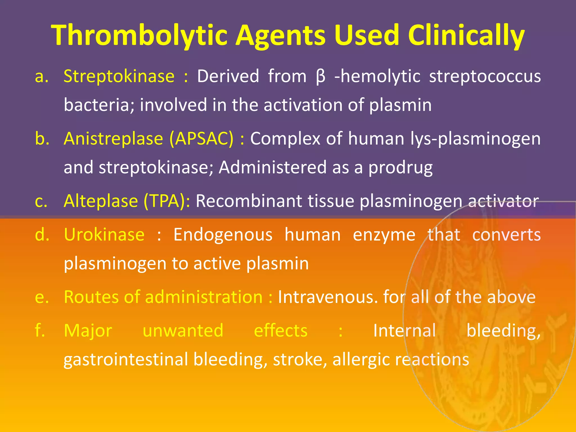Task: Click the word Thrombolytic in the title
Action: pos(139,35)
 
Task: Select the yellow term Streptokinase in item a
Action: pos(119,76)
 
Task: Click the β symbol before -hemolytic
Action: pos(320,77)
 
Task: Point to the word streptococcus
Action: pos(485,76)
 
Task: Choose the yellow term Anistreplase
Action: pos(113,139)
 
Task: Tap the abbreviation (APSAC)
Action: pos(201,139)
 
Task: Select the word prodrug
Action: pos(400,168)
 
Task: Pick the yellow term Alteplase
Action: pos(101,201)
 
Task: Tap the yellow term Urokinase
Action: pos(104,235)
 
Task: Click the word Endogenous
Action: pos(223,235)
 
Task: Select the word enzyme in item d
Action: pos(384,235)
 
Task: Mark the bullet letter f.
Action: pos(40,330)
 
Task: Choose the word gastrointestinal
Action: pos(126,360)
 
